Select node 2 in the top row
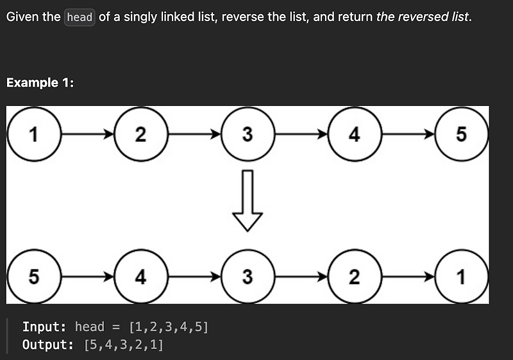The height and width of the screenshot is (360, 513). pos(140,135)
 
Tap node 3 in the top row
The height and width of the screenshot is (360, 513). pos(248,135)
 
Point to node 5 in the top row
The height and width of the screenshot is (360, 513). pos(461,135)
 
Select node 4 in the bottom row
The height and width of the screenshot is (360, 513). pos(140,277)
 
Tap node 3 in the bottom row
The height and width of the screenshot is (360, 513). pos(248,277)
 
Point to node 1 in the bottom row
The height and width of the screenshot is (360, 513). pos(461,277)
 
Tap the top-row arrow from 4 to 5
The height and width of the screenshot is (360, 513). pos(408,135)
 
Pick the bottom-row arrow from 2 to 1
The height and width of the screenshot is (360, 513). pos(408,277)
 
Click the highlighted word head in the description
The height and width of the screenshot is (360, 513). pos(80,17)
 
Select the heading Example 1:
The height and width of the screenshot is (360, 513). pos(40,83)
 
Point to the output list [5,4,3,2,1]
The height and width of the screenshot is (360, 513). pos(124,345)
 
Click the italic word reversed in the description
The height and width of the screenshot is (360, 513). pos(423,17)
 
